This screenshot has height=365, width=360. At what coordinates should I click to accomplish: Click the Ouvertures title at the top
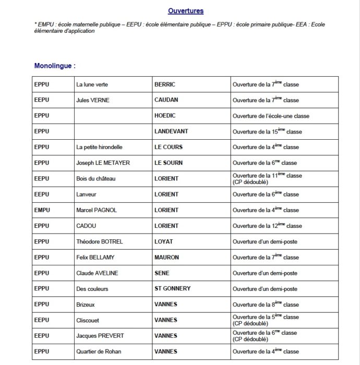point(186,11)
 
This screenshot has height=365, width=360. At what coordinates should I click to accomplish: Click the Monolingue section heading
point(55,66)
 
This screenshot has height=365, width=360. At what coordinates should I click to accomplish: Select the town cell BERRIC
point(165,84)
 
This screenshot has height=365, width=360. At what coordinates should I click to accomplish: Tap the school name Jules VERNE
point(93,100)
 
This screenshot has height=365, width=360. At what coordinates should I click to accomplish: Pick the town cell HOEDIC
point(165,116)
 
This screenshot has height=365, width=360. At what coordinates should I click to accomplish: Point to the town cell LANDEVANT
point(171,131)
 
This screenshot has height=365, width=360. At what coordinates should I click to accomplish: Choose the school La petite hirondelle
point(99,147)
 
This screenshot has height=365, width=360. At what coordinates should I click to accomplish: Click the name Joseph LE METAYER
point(103,163)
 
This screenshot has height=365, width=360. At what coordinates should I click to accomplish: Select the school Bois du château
point(96,178)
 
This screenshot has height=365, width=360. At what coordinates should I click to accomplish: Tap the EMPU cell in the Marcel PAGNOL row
point(42,210)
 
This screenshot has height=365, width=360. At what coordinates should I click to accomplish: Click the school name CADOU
point(86,226)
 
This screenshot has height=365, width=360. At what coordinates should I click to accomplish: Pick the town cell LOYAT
point(164,241)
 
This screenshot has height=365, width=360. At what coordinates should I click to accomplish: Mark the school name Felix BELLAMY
point(95,257)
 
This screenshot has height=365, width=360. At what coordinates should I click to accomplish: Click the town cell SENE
point(162,273)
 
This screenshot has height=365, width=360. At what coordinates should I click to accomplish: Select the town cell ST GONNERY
point(173,288)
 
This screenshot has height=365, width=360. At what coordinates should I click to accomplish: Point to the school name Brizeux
point(86,305)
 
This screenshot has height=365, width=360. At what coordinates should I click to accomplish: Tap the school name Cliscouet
point(88,320)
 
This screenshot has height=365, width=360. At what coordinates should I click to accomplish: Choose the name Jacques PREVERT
point(100,336)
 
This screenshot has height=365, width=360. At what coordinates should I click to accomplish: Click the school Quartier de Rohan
point(99,351)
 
